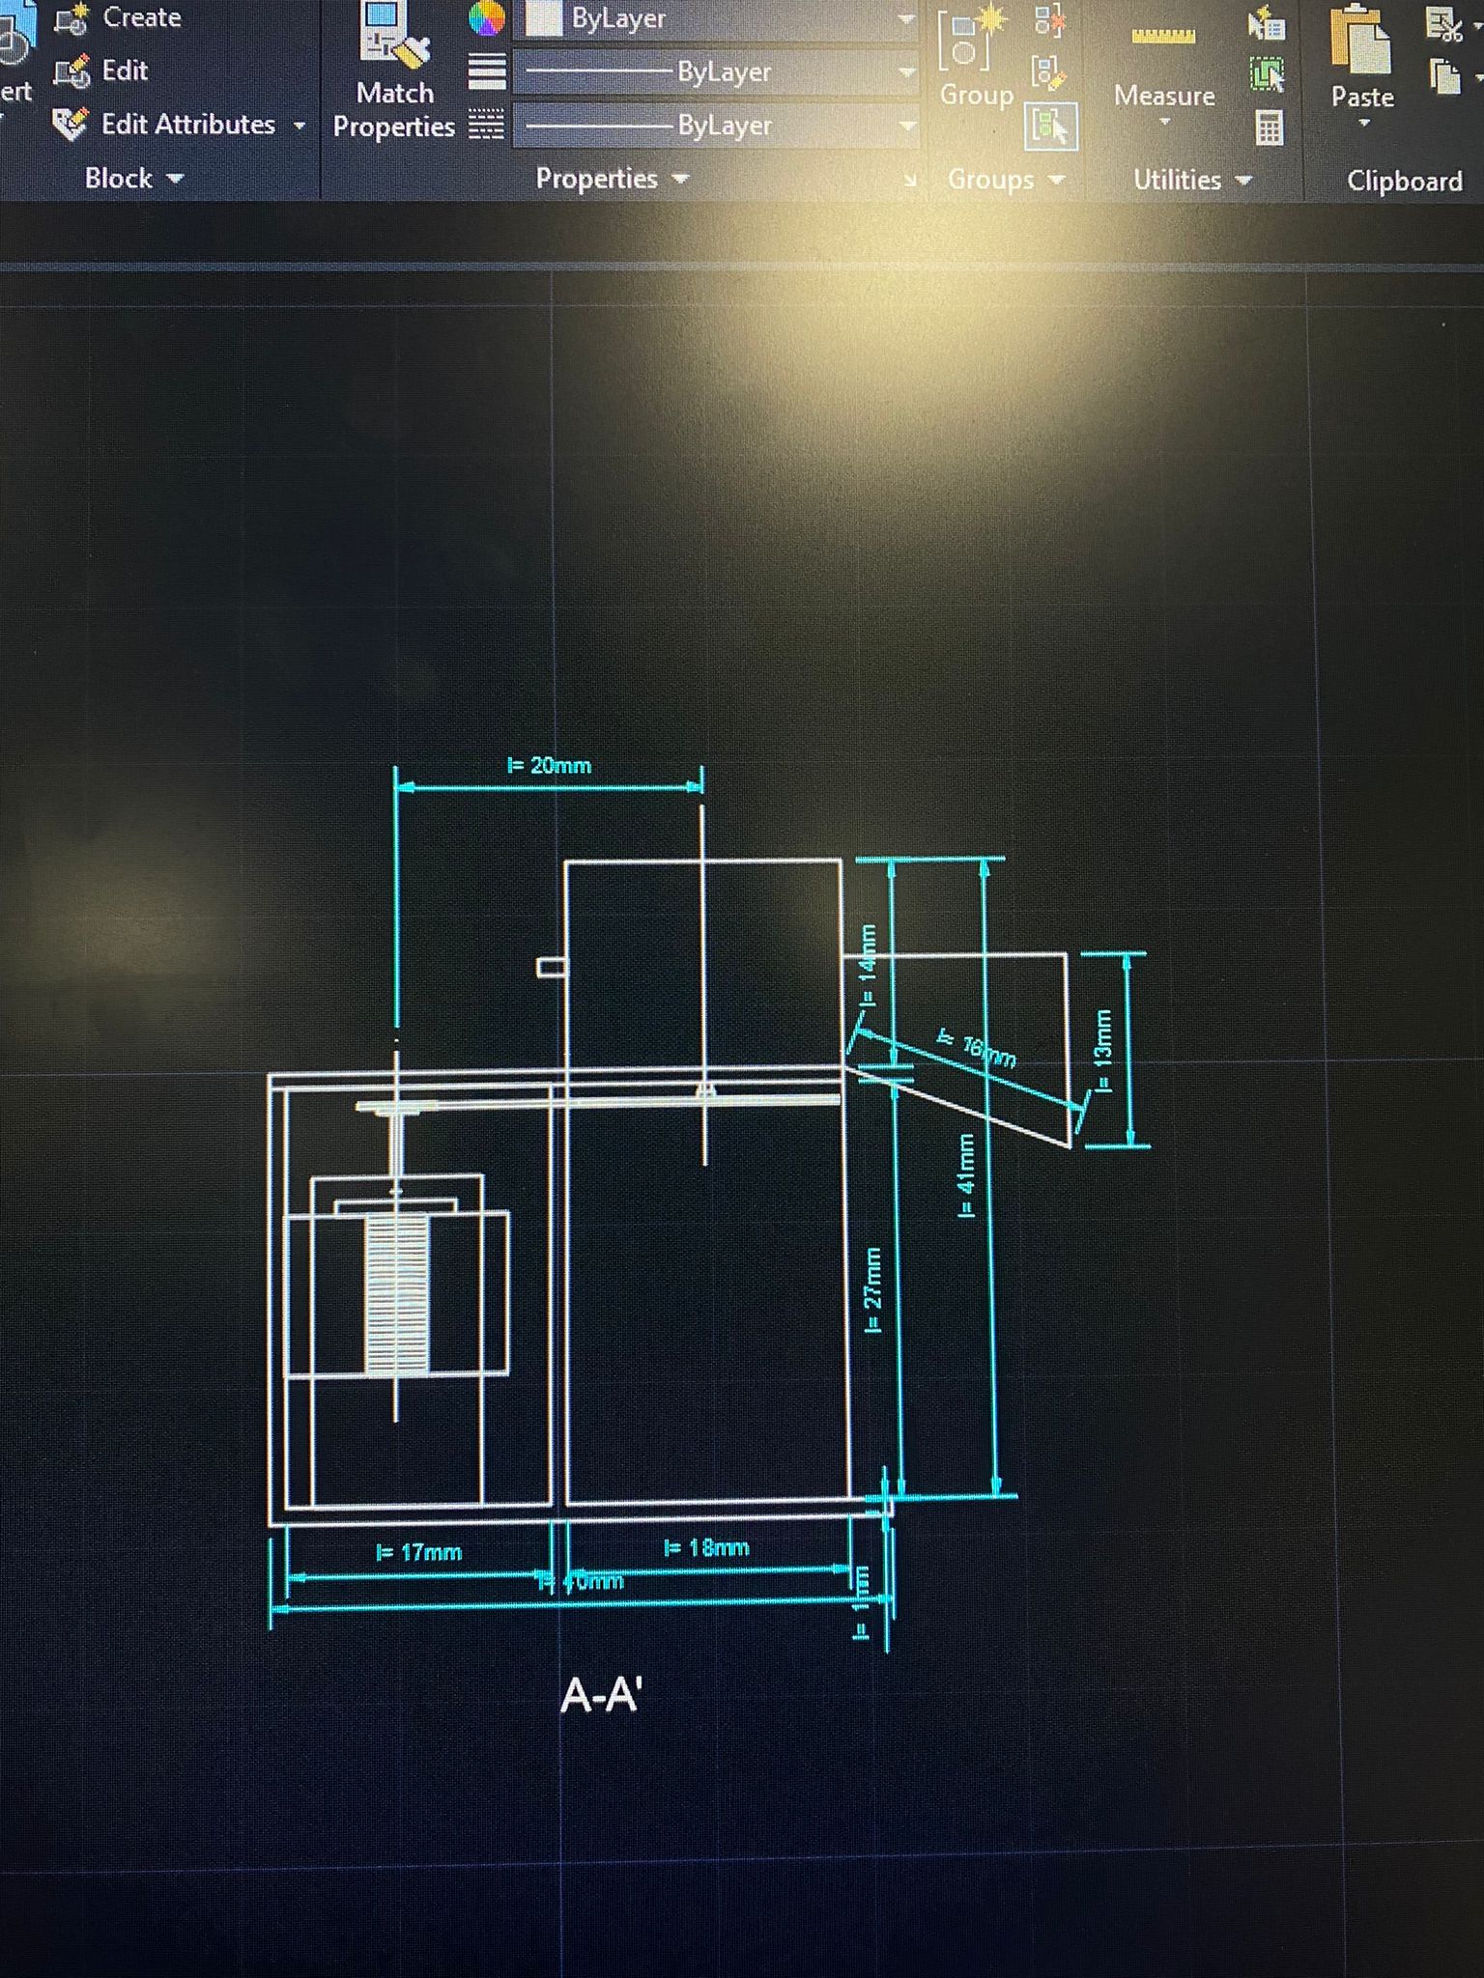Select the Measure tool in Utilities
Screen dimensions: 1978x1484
coord(1163,68)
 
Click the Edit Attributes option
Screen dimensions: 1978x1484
coord(187,125)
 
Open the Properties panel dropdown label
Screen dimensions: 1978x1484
coord(611,179)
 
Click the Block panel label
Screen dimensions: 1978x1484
coord(131,179)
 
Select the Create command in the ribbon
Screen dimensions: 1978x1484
coord(140,17)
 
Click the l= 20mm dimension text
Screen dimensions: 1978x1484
coord(549,766)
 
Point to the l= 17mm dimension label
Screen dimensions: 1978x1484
coord(418,1552)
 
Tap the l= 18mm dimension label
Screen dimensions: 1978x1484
coord(706,1547)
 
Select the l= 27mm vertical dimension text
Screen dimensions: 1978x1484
coord(872,1290)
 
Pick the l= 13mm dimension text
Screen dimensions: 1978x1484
coord(1102,1051)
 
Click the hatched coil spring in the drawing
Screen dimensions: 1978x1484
coord(396,1294)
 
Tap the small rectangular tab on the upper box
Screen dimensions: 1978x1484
coord(551,967)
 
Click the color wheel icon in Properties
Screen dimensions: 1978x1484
coord(486,17)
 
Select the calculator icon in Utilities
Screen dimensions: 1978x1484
coord(1269,127)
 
